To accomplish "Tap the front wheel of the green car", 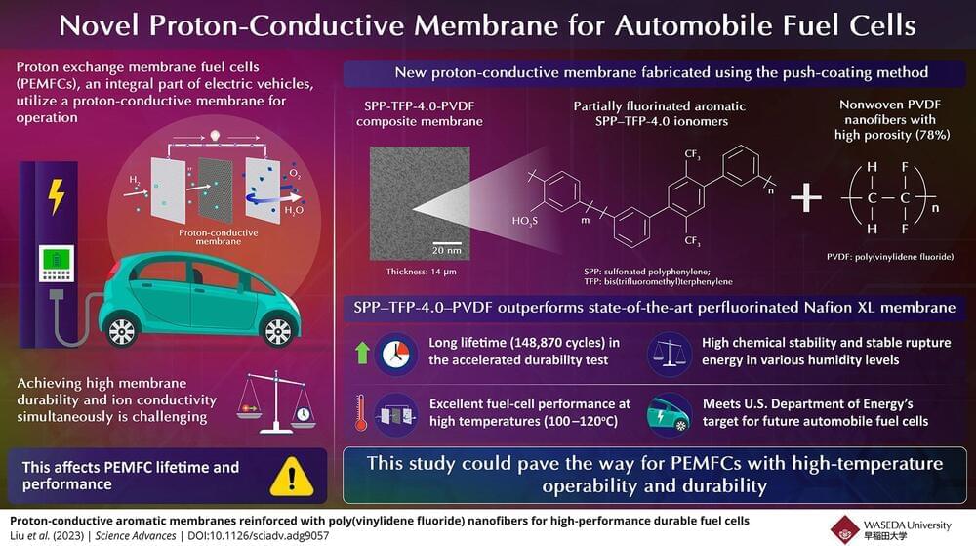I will [x=280, y=327].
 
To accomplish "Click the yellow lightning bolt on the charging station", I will [x=57, y=196].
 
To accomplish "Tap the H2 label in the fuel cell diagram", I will [x=136, y=181].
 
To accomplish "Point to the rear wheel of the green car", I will [x=123, y=329].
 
